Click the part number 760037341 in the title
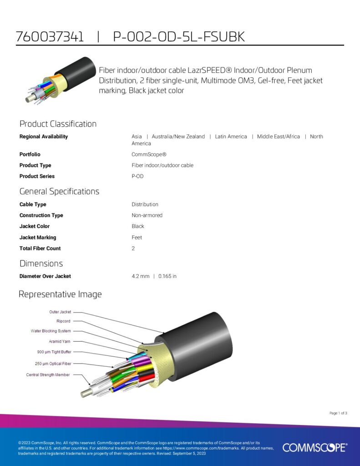coord(50,36)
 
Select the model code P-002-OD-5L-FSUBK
coord(179,36)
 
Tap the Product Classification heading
coord(58,124)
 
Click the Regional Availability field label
coord(44,137)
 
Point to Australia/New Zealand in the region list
coord(178,137)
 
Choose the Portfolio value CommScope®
coord(149,154)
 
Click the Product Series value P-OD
coord(137,176)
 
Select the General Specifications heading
coord(60,192)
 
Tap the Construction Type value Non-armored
coord(147,215)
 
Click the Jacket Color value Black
coord(138,226)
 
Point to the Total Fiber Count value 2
coord(133,248)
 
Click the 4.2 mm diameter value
coord(140,276)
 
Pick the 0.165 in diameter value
coord(167,276)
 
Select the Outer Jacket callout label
coord(60,312)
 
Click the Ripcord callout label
coord(63,321)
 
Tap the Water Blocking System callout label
coord(51,331)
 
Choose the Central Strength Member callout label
coord(48,375)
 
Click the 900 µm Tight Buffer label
coord(54,352)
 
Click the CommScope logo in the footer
coord(315,447)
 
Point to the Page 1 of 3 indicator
coord(338,413)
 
